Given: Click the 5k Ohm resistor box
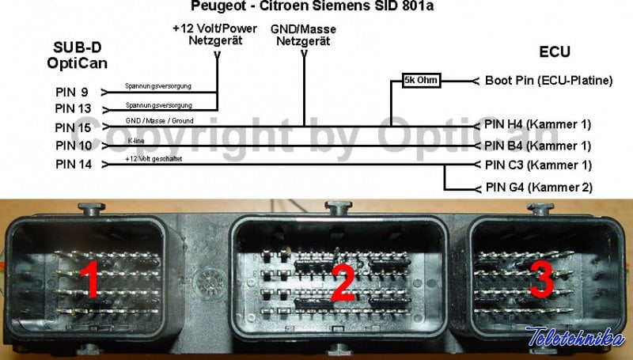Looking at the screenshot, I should pos(421,81).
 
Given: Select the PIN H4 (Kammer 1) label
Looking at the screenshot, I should pos(537,125).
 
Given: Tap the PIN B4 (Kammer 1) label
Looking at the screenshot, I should pos(537,146).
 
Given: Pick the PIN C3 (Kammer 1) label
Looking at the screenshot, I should pos(537,165).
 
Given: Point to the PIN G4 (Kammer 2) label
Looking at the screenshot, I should pos(537,188).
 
